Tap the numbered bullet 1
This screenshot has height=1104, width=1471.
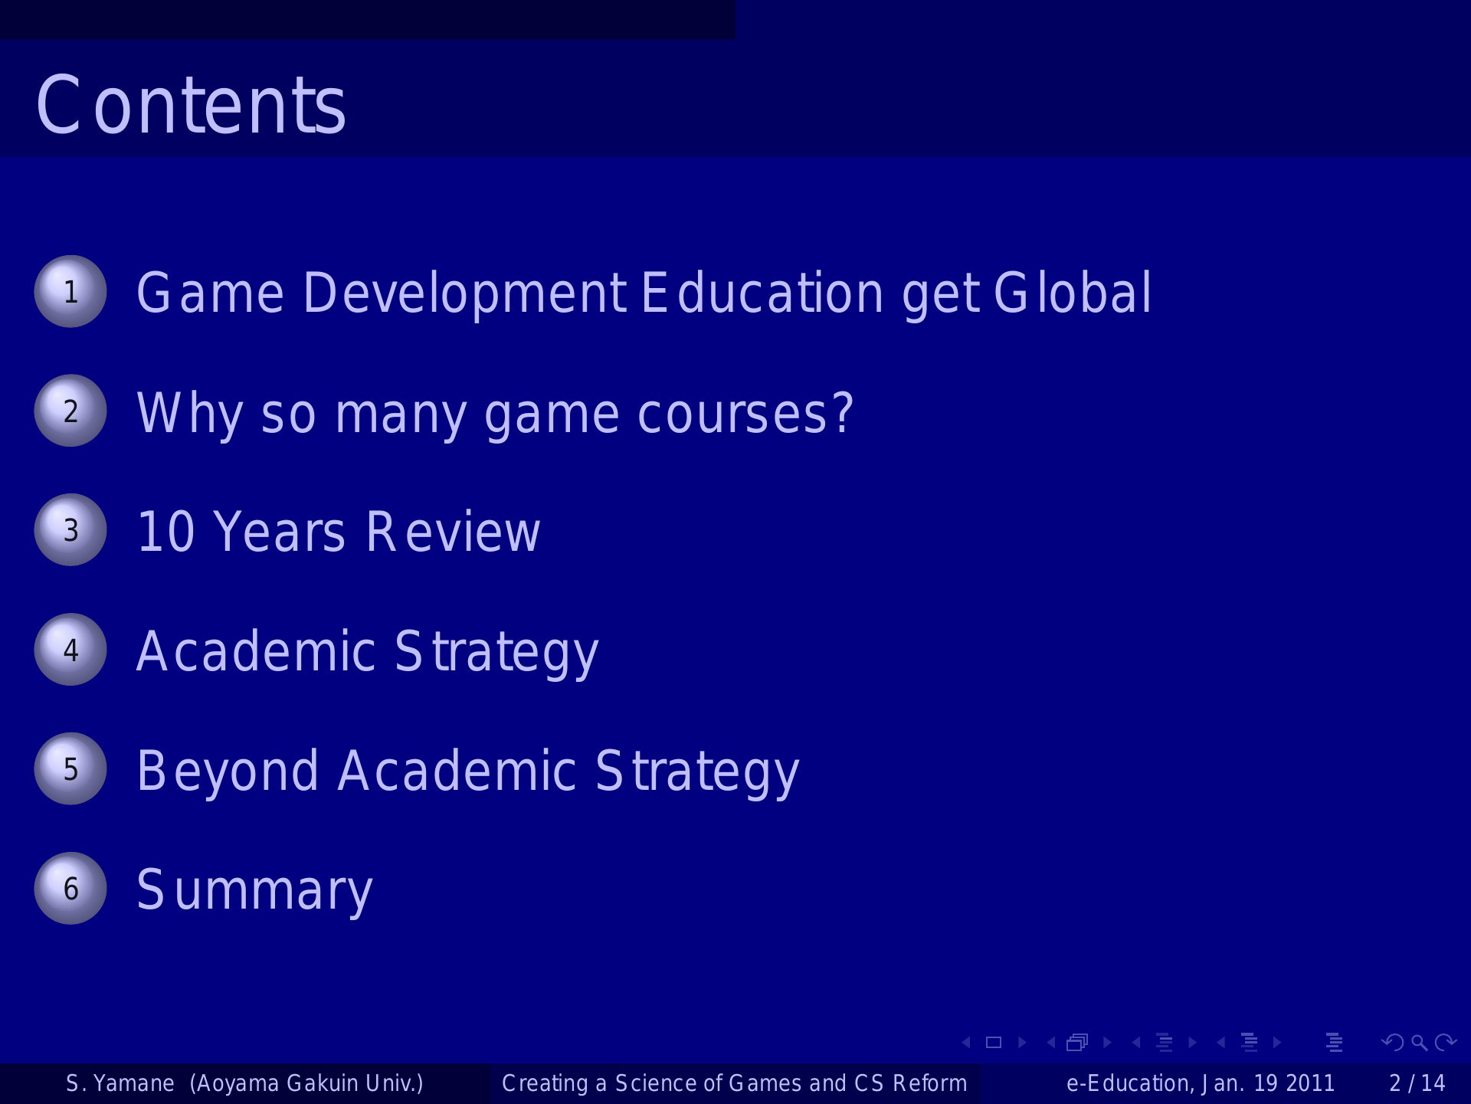[70, 291]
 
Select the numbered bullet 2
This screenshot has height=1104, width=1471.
[70, 411]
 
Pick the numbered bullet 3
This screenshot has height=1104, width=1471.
[70, 530]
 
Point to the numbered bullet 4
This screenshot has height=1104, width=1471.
[70, 650]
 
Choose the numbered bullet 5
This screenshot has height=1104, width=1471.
[70, 768]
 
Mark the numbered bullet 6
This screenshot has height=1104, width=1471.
[70, 888]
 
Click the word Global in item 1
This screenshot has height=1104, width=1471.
[1073, 293]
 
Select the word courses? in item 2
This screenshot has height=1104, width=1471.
[745, 413]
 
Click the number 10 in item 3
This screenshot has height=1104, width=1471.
[166, 532]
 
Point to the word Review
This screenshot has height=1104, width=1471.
[453, 532]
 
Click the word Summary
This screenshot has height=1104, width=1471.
[254, 891]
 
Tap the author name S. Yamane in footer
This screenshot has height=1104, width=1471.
[120, 1083]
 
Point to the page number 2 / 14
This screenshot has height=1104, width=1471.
[1417, 1083]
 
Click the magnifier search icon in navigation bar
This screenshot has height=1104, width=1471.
[1419, 1043]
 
